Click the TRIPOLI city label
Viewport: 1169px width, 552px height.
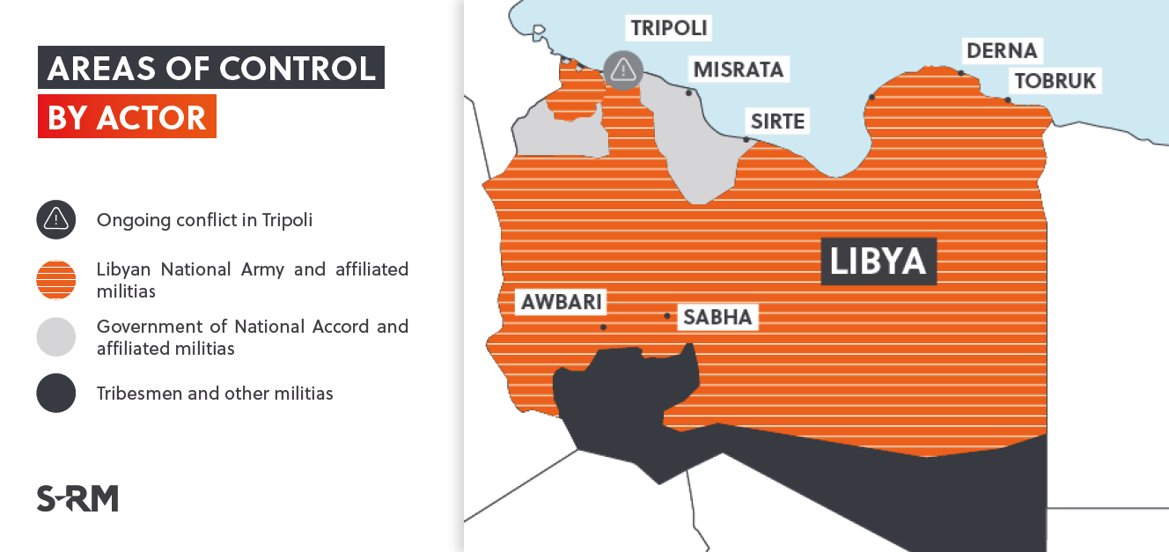pos(669,27)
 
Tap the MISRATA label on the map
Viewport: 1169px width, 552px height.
pos(738,69)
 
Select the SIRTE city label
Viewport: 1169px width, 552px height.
pos(777,121)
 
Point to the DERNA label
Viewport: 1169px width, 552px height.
pos(1002,50)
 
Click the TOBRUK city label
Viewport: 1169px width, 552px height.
pos(1055,81)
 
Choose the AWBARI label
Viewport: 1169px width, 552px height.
pos(562,302)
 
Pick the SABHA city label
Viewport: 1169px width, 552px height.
pos(717,317)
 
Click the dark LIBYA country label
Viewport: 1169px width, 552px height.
pos(878,261)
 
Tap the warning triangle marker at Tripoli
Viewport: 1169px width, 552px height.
pos(623,70)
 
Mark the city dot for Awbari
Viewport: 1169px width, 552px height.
pos(603,328)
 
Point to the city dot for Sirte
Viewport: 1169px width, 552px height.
pos(746,139)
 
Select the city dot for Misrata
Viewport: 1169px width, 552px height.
pos(689,92)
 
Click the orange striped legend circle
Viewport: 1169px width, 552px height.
pos(56,280)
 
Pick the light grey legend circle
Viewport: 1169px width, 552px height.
pos(56,337)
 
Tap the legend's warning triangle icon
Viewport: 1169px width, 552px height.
pos(56,219)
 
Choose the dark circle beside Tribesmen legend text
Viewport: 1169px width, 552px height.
pos(56,394)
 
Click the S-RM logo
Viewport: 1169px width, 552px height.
pos(77,498)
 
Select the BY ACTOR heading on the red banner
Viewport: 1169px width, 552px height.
pos(127,117)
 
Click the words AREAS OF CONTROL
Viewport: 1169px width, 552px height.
pos(211,68)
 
